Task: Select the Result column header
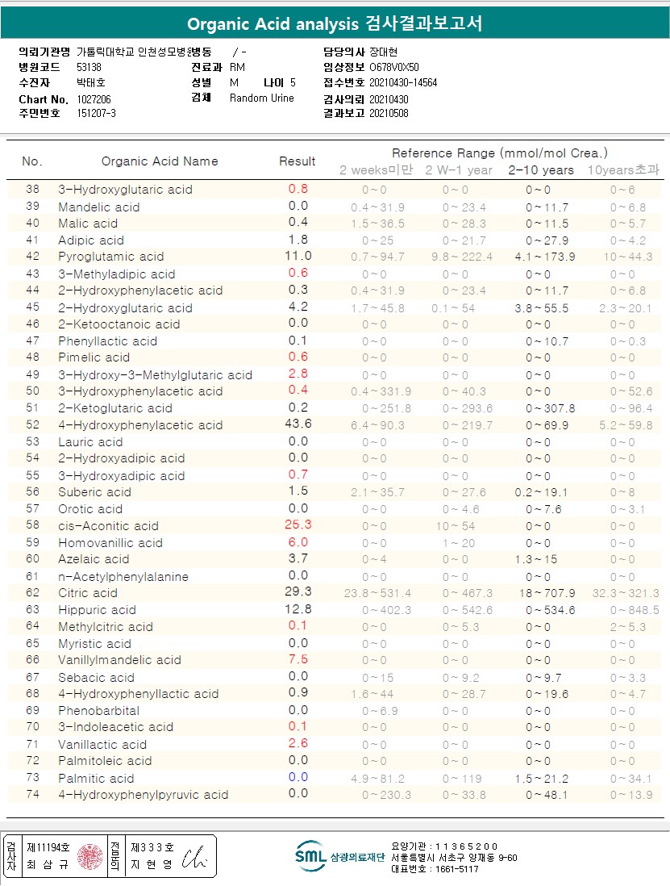[x=297, y=161]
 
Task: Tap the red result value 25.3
[x=298, y=524]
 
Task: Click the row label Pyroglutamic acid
[x=110, y=257]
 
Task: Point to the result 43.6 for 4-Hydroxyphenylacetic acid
[x=298, y=424]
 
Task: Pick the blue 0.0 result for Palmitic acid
[x=298, y=777]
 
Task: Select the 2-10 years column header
[x=540, y=169]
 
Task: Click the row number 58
[x=32, y=525]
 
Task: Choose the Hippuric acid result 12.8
[x=298, y=609]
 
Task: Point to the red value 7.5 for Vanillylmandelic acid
[x=298, y=659]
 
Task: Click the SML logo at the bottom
[x=310, y=856]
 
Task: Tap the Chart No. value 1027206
[x=94, y=98]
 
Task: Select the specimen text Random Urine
[x=262, y=98]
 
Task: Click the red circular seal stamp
[x=90, y=857]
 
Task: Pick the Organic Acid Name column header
[x=160, y=161]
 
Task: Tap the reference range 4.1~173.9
[x=545, y=257]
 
